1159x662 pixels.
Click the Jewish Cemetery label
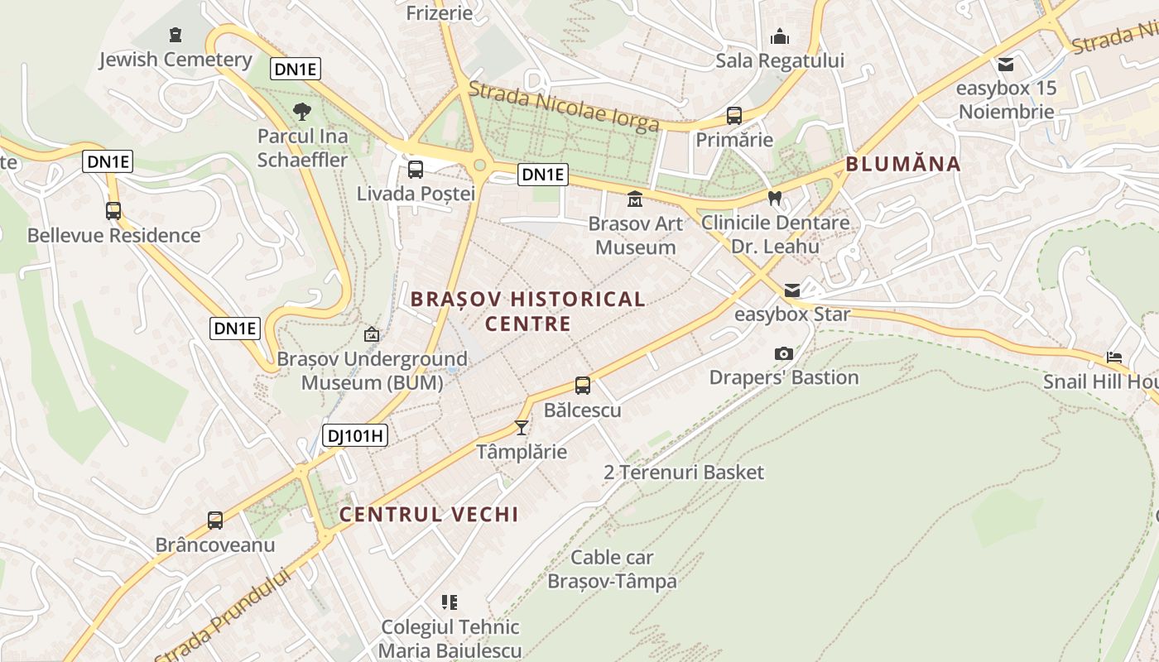[175, 60]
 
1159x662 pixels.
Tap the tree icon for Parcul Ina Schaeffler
[302, 111]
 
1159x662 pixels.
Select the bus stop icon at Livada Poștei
[416, 170]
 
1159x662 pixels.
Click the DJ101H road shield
[355, 435]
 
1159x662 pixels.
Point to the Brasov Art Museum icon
[635, 199]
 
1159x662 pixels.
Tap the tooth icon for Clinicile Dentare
[775, 199]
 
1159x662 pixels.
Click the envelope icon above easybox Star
[792, 290]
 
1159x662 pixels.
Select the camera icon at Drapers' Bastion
[783, 353]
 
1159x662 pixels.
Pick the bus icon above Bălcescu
[583, 386]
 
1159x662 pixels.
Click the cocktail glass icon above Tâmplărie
[522, 427]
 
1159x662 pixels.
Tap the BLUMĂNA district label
[903, 164]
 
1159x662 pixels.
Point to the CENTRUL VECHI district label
[429, 514]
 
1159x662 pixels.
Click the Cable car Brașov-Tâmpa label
[612, 569]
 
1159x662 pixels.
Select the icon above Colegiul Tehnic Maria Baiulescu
[450, 602]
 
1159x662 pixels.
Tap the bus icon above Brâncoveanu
[215, 520]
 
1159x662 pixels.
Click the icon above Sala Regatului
[779, 36]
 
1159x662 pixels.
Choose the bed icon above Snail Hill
[1114, 357]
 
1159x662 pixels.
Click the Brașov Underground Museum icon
[372, 334]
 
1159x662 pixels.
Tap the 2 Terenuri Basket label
[684, 473]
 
